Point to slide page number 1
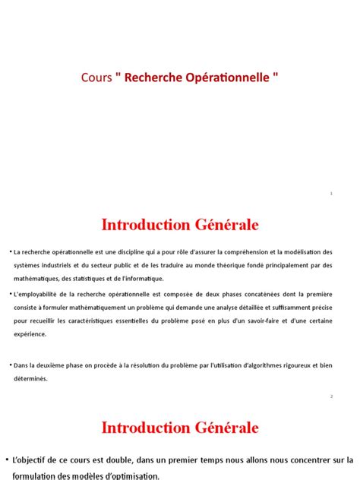click(x=332, y=194)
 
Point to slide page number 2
click(x=332, y=396)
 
